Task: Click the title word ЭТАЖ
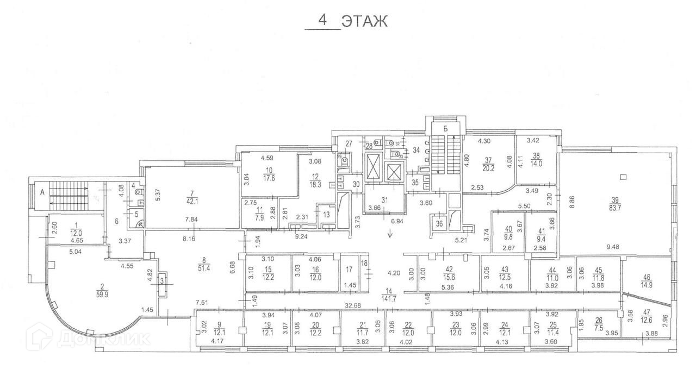coord(364,21)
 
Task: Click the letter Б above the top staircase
coord(444,129)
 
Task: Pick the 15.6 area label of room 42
coord(449,277)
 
